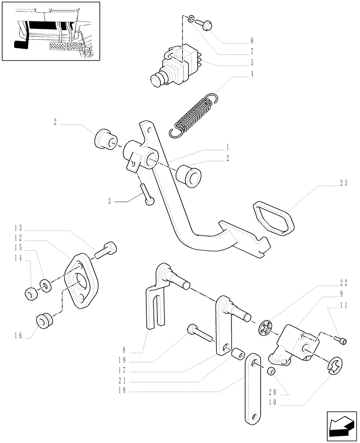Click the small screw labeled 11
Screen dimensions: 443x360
[x=341, y=340]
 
